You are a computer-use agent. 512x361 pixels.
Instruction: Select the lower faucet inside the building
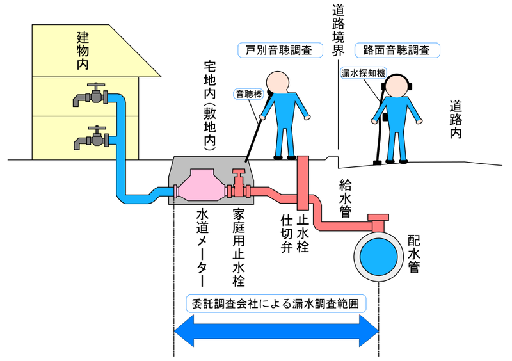click(x=91, y=136)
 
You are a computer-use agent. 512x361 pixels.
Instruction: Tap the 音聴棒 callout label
click(x=250, y=93)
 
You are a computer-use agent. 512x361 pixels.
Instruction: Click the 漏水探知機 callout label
click(x=363, y=74)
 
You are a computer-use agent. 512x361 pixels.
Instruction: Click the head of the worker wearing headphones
click(x=396, y=86)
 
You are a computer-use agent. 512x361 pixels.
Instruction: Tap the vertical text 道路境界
click(x=338, y=32)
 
